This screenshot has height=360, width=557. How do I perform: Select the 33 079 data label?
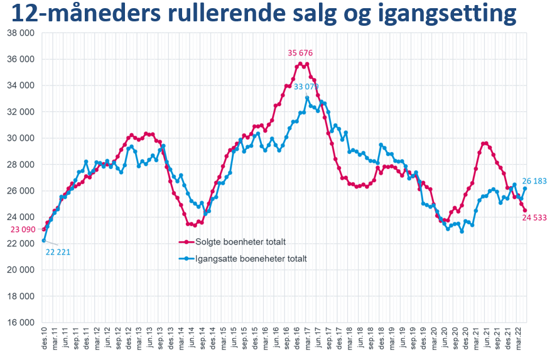coord(306,87)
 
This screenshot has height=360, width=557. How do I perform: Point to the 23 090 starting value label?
coord(23,230)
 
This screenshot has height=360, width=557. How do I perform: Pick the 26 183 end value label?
coord(535,181)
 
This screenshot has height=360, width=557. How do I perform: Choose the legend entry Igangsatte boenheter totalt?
coord(250,258)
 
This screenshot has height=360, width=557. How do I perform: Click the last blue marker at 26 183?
coord(525,188)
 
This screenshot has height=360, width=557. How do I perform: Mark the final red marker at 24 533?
coord(526,210)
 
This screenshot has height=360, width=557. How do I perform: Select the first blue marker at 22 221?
coord(44,240)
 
